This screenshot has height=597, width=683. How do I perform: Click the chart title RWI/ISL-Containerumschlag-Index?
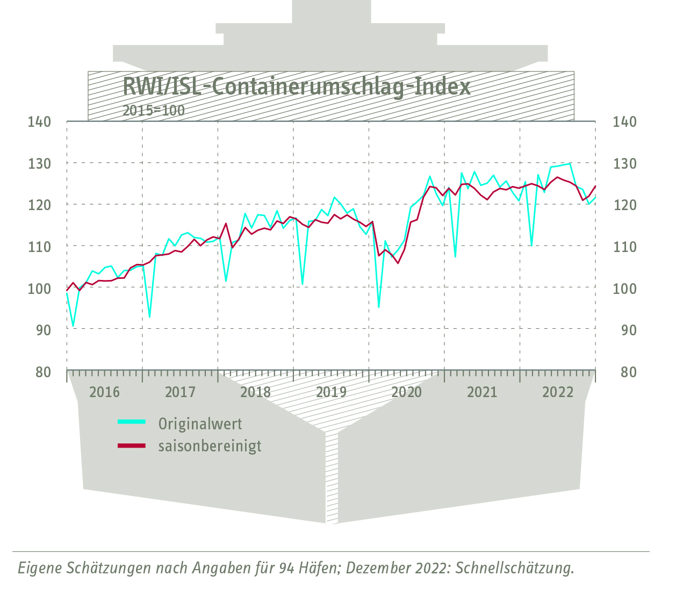click(296, 86)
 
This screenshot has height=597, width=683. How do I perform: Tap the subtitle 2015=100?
click(153, 111)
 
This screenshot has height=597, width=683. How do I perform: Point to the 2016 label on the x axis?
click(104, 392)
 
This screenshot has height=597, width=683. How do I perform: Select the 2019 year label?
click(331, 392)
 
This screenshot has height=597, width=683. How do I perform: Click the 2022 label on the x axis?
click(558, 392)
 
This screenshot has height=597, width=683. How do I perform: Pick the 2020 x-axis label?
click(407, 392)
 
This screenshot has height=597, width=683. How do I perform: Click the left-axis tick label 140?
click(39, 122)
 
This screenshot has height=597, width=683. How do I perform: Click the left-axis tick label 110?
click(39, 247)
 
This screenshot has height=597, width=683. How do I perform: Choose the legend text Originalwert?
click(200, 424)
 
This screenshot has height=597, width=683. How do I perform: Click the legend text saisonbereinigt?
click(210, 446)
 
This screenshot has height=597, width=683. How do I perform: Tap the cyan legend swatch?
click(132, 422)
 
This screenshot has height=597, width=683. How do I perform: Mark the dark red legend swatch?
click(132, 445)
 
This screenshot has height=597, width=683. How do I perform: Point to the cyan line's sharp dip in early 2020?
click(379, 307)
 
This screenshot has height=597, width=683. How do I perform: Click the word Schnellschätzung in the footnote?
click(514, 568)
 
